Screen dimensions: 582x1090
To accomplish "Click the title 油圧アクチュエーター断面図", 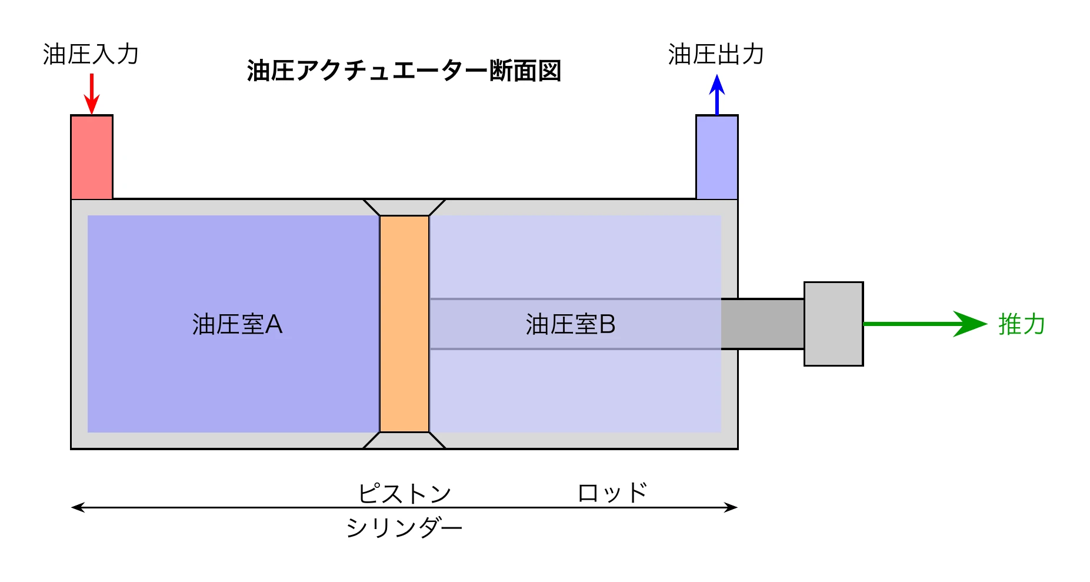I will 404,71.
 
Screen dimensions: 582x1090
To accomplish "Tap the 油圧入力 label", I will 91,54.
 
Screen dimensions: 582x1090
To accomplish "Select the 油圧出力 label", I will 716,54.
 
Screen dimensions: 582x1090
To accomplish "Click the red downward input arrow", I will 92,94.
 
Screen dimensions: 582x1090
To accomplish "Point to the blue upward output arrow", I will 716,94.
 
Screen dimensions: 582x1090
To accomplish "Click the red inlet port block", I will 92,157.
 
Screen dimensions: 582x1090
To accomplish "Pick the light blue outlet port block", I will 716,157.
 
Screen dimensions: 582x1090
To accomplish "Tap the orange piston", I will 404,324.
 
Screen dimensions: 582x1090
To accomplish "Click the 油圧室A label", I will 237,324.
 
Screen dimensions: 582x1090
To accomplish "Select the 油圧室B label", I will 570,324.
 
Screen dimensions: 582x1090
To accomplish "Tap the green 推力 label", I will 1022,324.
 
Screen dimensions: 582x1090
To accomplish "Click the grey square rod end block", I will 833,324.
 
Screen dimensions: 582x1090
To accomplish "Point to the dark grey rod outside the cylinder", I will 762,324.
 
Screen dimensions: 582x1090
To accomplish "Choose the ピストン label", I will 404,493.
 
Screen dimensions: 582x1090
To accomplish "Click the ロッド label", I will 612,493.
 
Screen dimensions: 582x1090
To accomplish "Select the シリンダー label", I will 404,527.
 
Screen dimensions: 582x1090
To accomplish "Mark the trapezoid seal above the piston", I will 404,207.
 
